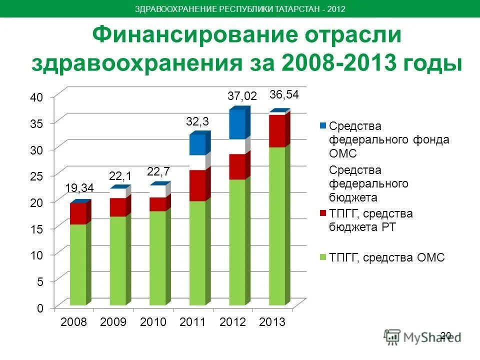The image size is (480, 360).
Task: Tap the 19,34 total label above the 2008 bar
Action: pos(79,188)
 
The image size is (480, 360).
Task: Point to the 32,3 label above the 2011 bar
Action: pos(197,121)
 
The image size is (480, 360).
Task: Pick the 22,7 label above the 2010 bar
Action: pos(158,171)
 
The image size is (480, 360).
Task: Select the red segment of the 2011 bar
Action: pos(197,185)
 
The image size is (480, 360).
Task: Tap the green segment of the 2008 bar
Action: pos(78,264)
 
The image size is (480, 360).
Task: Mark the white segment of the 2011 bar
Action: pos(197,162)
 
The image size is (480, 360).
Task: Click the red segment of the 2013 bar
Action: pos(277,131)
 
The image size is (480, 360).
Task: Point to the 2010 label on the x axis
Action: pos(153,322)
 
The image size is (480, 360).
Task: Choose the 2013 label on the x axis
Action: pos(272,322)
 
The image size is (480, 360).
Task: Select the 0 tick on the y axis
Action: pos(39,308)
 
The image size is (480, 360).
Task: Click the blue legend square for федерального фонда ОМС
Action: pos(323,125)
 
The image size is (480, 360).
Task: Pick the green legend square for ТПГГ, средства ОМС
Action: pos(323,257)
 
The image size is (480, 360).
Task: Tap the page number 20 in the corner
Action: pos(446,335)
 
